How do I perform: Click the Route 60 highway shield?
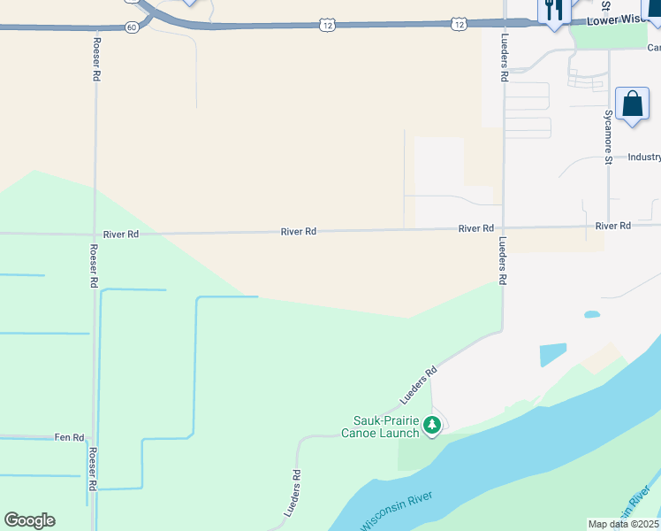[132, 27]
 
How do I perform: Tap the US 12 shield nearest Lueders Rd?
[457, 25]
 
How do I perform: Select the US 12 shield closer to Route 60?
[327, 26]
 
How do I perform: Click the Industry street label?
[644, 157]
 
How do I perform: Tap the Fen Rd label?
[69, 437]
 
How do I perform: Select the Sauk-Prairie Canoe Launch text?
[384, 427]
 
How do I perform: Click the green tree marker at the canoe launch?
[432, 426]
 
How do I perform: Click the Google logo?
[29, 520]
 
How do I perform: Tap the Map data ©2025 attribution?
[624, 524]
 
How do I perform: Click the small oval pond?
[591, 314]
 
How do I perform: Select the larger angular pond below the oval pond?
[553, 354]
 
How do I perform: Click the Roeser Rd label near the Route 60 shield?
[95, 59]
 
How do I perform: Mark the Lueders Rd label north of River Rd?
[504, 59]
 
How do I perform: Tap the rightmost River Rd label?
[612, 227]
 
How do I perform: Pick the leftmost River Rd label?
[121, 235]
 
